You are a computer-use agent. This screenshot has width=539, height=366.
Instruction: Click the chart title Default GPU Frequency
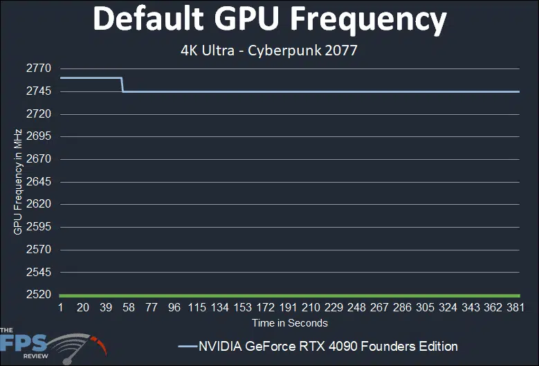point(270,21)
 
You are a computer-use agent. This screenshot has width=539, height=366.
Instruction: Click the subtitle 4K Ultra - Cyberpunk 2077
point(270,52)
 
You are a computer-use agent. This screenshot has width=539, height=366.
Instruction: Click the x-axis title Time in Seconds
point(290,322)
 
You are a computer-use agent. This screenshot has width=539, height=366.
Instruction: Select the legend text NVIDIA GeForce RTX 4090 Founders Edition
point(328,346)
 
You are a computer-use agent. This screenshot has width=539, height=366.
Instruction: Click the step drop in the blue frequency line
point(122,84)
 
